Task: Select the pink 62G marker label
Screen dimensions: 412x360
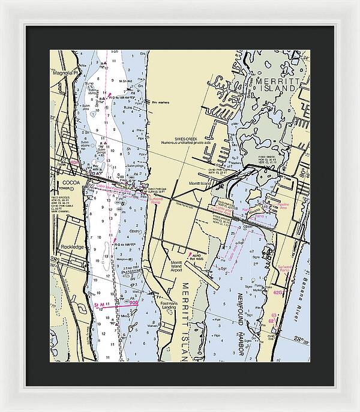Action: coord(278,293)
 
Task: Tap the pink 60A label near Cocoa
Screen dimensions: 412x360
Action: coord(74,162)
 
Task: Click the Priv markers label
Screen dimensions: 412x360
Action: coord(161,103)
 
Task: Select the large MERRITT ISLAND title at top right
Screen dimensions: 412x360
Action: coord(275,85)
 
